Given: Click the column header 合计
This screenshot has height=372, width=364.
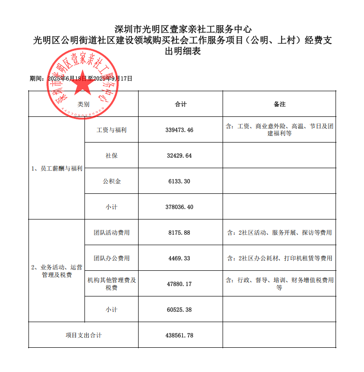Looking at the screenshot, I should click(180, 104).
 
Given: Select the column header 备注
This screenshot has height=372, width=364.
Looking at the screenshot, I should click(280, 104).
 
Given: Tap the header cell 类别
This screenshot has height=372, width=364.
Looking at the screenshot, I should click(84, 104).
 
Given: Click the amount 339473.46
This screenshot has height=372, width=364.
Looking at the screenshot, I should click(180, 130).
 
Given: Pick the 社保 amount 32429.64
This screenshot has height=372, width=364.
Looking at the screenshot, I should click(180, 155).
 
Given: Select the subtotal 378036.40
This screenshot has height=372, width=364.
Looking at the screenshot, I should click(180, 207).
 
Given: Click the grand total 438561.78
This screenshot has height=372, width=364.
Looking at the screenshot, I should click(180, 335).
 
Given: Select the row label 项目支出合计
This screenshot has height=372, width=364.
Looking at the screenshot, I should click(84, 335).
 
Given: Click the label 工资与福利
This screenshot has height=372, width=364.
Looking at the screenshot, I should click(112, 130).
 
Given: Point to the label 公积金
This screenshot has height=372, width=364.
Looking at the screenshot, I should click(112, 181).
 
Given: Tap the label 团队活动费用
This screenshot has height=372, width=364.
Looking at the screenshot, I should click(112, 233).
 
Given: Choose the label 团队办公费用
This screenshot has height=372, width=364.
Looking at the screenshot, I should click(112, 258).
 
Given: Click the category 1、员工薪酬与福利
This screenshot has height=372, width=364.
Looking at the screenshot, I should click(57, 169).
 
